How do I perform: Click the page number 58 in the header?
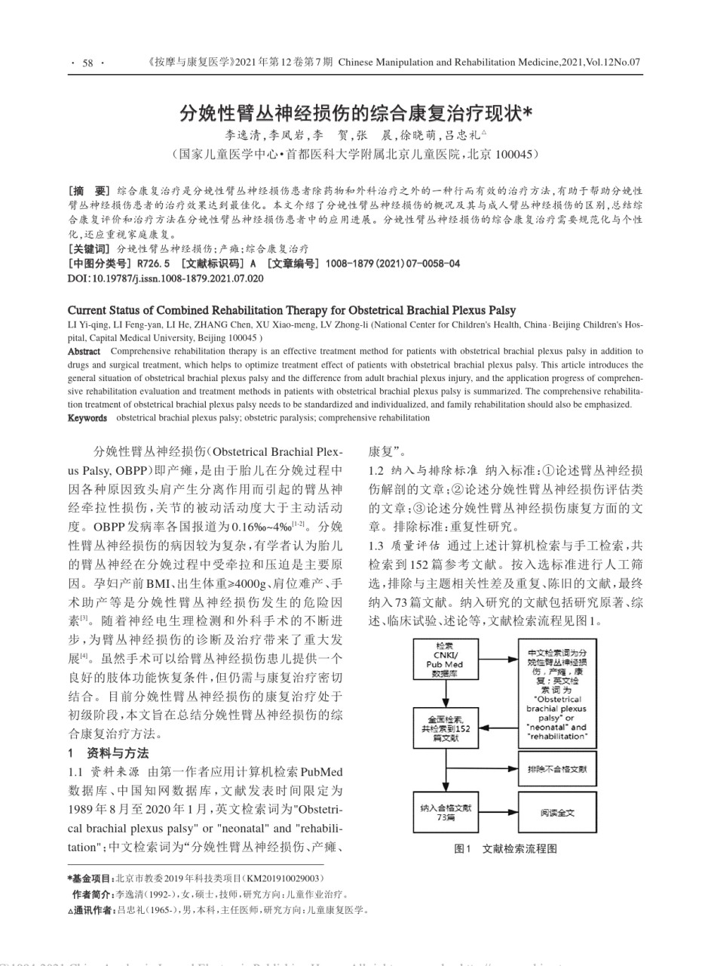pyautogui.click(x=87, y=63)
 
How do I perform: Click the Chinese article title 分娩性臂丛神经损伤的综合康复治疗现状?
pyautogui.click(x=354, y=113)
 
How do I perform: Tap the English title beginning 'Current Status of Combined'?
pyautogui.click(x=292, y=310)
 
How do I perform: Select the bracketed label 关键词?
pyautogui.click(x=89, y=248)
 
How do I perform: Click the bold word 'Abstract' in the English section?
pyautogui.click(x=84, y=351)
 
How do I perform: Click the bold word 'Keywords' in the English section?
pyautogui.click(x=87, y=417)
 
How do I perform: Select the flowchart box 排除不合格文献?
pyautogui.click(x=557, y=771)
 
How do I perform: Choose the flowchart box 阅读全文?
pyautogui.click(x=557, y=812)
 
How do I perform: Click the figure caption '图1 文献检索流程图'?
pyautogui.click(x=506, y=848)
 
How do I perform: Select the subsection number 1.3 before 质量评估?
pyautogui.click(x=376, y=545)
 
